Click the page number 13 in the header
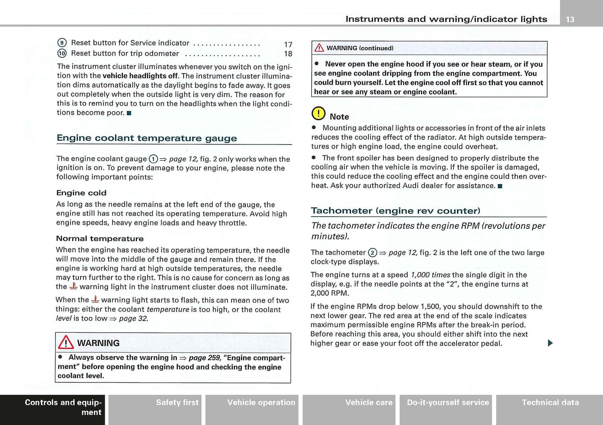coord(570,19)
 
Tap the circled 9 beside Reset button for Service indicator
coord(62,43)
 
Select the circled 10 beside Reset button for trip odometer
coord(62,53)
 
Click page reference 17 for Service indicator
coord(288,45)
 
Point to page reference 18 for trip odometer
coord(288,54)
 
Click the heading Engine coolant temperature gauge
coord(146,138)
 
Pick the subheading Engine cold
coord(81,193)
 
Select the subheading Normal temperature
coord(100,239)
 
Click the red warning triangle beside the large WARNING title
coord(66,343)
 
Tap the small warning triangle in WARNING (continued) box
coord(319,48)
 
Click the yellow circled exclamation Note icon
coord(318,114)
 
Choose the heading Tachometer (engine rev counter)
coord(396,211)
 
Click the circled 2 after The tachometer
coord(373,253)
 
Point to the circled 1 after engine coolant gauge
coord(153,159)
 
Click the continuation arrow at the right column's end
coord(550,343)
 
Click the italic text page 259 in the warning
coord(204,358)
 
